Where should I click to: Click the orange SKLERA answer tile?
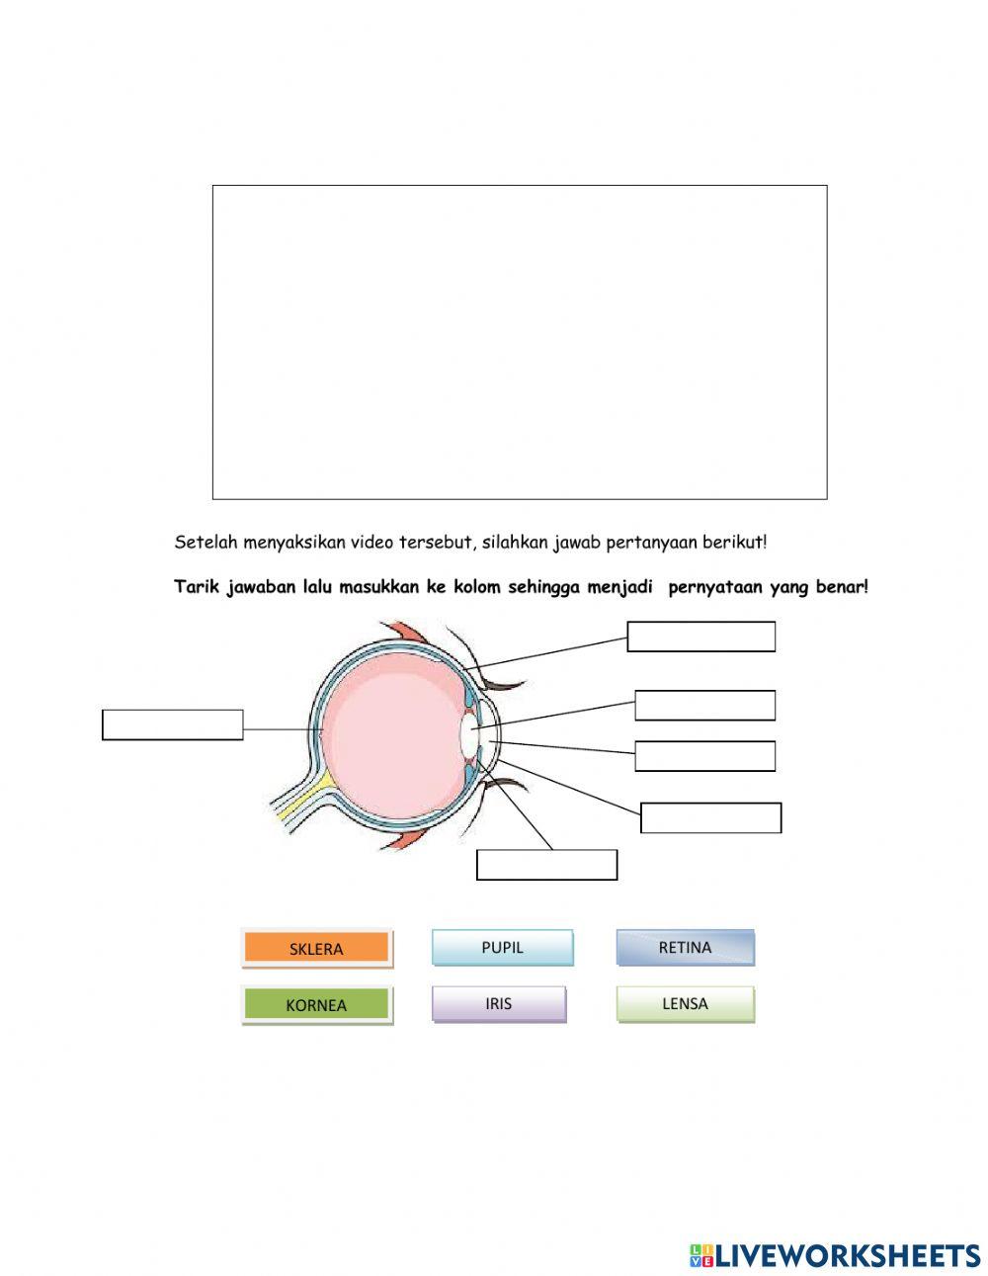[316, 949]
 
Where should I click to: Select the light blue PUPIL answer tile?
[502, 947]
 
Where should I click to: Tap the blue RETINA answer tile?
[685, 947]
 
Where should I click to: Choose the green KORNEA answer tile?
[316, 1005]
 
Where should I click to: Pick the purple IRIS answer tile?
[499, 1003]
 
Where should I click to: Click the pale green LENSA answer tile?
[685, 1003]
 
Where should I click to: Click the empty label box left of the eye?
[173, 724]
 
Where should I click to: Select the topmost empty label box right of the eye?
[701, 638]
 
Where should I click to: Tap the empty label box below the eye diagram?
[546, 865]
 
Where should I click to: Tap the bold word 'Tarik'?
[197, 587]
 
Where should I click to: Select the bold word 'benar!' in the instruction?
[843, 587]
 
